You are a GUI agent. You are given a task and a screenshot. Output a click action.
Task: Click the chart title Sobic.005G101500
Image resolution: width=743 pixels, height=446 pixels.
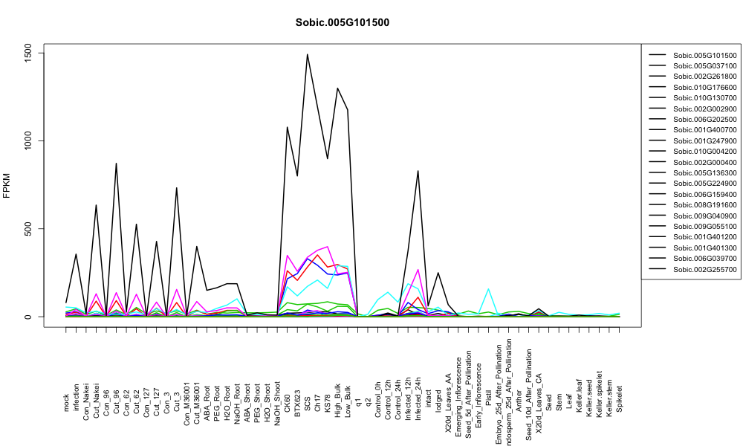coord(342,22)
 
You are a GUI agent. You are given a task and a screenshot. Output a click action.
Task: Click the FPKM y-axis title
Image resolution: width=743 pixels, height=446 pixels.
coord(7,186)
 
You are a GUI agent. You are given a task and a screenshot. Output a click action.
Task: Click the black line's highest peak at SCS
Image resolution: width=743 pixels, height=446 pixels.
coord(308,54)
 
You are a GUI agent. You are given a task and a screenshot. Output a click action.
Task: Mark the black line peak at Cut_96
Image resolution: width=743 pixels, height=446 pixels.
coord(116,164)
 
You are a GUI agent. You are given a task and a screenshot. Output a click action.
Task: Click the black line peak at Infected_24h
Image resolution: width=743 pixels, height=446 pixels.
coord(418,171)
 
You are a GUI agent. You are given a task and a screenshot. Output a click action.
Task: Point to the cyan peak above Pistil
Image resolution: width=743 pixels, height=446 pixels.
coord(488,288)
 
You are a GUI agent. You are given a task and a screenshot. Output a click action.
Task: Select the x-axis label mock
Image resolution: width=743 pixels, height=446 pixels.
coord(66,403)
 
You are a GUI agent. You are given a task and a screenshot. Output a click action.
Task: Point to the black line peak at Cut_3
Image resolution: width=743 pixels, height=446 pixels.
coord(177,187)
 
